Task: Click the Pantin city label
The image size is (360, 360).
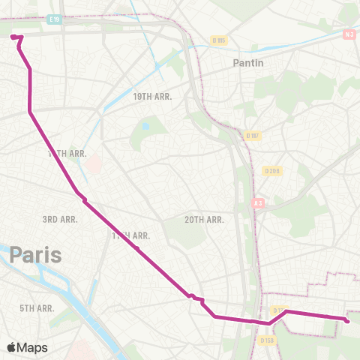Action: (x=248, y=63)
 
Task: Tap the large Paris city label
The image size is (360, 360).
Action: (x=35, y=255)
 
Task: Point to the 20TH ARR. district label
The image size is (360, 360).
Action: (x=204, y=220)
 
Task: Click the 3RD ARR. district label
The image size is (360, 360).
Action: (x=60, y=219)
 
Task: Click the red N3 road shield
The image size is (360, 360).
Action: (x=349, y=34)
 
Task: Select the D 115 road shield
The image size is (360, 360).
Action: (x=219, y=40)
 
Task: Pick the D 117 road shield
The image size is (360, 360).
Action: (x=252, y=136)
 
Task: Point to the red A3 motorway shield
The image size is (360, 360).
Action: (x=258, y=202)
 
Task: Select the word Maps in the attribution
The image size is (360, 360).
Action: (x=33, y=347)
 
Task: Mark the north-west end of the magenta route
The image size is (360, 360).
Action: (x=13, y=35)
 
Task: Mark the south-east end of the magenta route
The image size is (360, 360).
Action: (x=347, y=321)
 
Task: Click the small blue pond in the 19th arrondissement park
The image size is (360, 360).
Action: (x=145, y=127)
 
